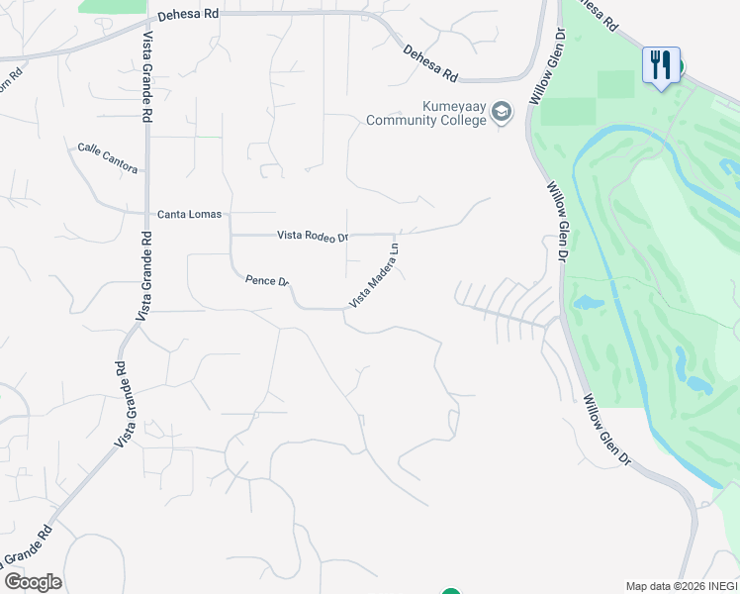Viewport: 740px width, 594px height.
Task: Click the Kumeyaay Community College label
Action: [x=426, y=114]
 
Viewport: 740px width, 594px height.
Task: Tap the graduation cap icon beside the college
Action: [x=502, y=112]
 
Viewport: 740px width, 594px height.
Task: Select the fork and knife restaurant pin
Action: [x=660, y=66]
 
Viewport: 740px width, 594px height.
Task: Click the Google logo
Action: [x=33, y=581]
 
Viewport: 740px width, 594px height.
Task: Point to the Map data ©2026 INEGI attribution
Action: [x=682, y=586]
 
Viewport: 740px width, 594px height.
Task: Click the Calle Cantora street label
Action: [x=108, y=158]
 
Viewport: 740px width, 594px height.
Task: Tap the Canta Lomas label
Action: [x=190, y=214]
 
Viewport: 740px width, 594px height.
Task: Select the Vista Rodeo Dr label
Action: [x=313, y=236]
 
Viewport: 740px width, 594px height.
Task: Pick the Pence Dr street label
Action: [x=266, y=282]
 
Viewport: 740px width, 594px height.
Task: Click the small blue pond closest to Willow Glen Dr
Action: [x=588, y=301]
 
